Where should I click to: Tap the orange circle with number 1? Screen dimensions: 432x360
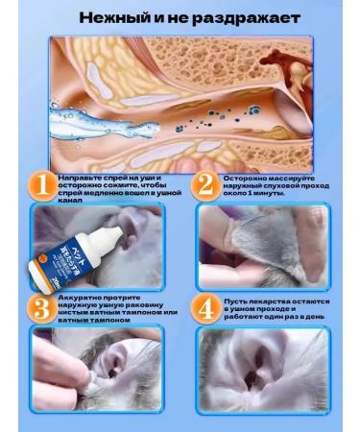[39, 186]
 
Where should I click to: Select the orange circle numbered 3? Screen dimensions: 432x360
[39, 308]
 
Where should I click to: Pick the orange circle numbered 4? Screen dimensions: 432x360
[204, 308]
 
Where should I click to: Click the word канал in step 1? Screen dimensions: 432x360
[70, 202]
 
